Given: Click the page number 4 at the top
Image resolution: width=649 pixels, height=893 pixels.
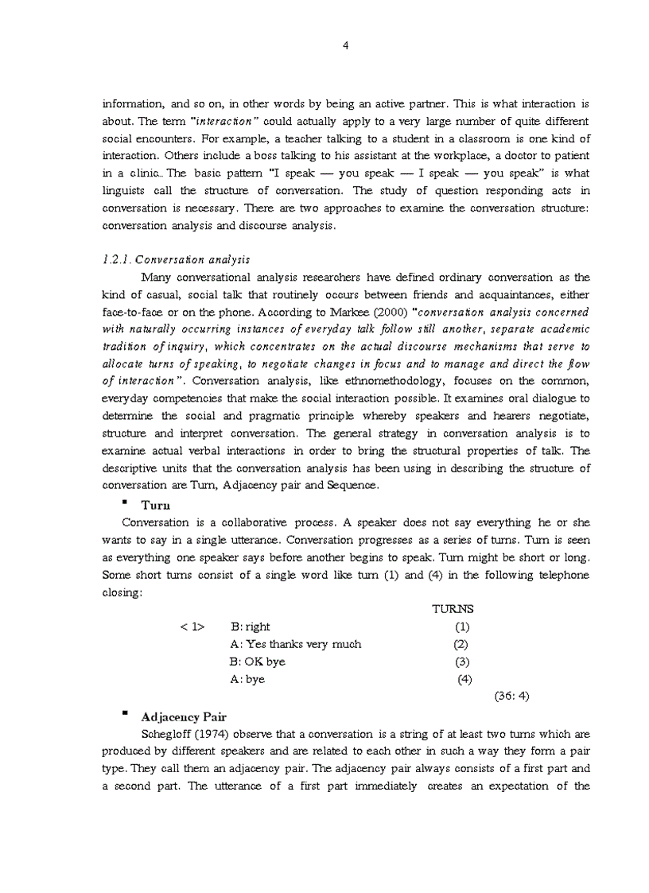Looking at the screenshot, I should (345, 45).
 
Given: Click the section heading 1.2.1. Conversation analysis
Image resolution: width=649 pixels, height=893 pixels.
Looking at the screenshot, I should (176, 259).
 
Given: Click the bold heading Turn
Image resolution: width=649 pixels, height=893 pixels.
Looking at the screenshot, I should (157, 505).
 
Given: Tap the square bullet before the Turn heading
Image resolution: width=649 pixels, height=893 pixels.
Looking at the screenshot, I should (125, 503).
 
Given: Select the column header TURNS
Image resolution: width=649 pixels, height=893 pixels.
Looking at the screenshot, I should (452, 609).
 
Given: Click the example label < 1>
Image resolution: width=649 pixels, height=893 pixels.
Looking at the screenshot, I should (192, 627).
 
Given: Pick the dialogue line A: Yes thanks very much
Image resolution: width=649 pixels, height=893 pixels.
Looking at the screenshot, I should (295, 644).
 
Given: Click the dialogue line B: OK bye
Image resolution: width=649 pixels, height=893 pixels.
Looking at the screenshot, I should (258, 662).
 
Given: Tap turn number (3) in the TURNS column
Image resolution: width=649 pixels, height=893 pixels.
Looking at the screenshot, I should (462, 662).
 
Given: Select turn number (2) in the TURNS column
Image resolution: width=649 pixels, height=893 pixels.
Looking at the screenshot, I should (461, 644).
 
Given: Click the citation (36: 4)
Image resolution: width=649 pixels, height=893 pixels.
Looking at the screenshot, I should (511, 696).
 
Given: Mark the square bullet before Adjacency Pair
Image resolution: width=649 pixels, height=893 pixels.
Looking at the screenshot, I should (125, 714).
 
